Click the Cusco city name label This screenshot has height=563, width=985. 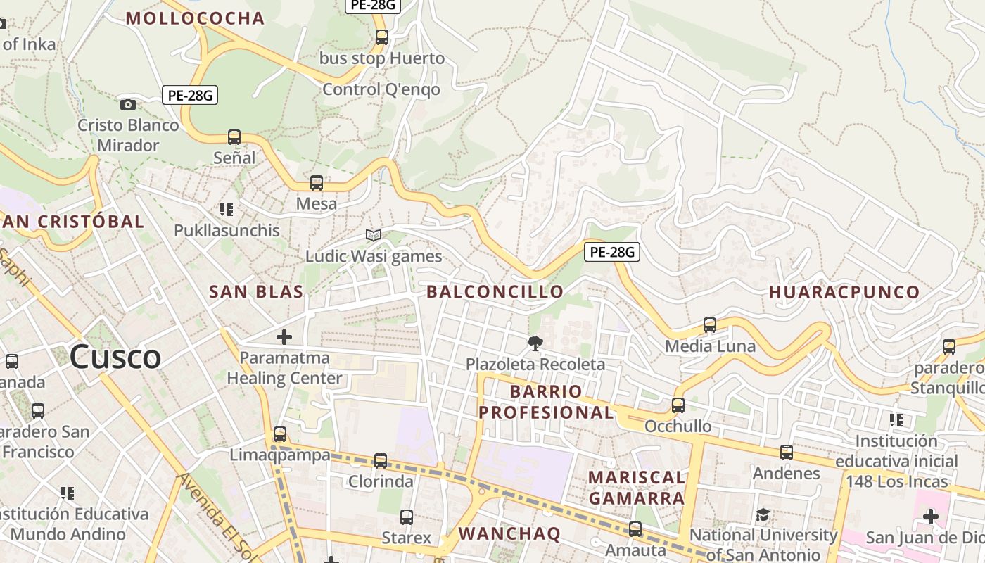[x=115, y=357]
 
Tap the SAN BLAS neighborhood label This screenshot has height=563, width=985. [x=256, y=291]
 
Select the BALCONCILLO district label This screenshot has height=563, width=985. [x=495, y=291]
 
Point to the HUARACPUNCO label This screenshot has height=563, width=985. [x=844, y=292]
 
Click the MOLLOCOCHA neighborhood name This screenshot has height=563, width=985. [x=195, y=18]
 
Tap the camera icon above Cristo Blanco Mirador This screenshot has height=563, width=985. [x=128, y=104]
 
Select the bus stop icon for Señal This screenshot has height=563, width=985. [x=234, y=137]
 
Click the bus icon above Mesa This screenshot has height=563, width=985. [x=317, y=183]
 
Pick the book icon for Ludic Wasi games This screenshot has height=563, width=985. [x=374, y=235]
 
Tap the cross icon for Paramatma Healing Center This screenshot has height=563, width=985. [x=284, y=337]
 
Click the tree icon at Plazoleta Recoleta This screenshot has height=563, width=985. [x=535, y=343]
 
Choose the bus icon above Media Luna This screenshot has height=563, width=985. [x=710, y=325]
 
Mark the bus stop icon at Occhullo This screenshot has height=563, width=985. [x=678, y=405]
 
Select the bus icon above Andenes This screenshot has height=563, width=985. [x=787, y=453]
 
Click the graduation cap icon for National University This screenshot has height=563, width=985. [x=763, y=515]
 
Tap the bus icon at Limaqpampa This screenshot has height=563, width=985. [x=280, y=434]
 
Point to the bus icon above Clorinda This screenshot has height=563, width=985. [x=381, y=461]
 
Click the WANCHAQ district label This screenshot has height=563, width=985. [x=509, y=533]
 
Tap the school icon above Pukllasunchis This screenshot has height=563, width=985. [x=227, y=210]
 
